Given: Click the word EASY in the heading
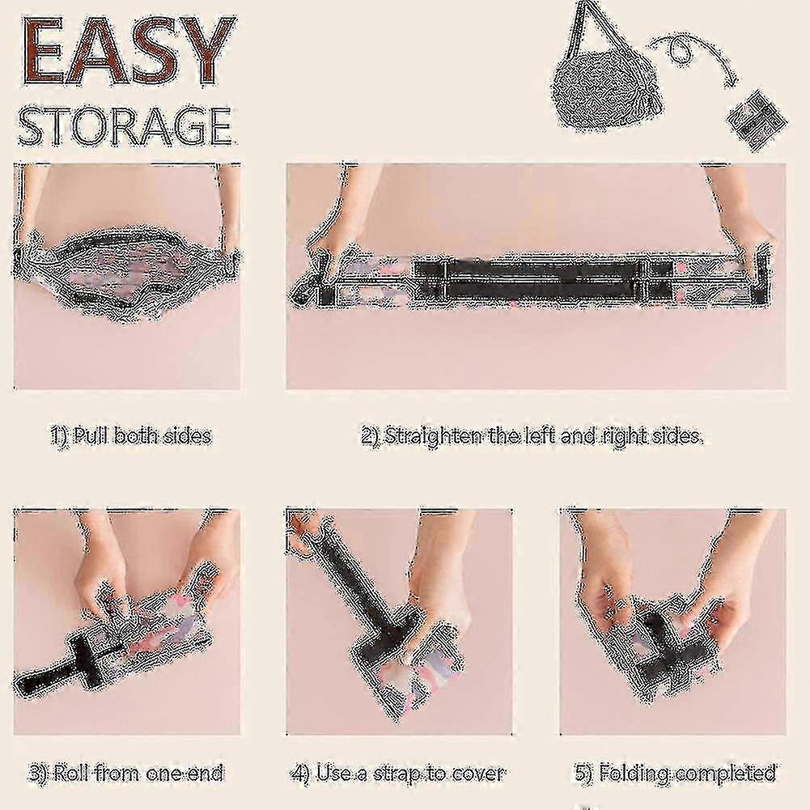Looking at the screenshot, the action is pos(128,51).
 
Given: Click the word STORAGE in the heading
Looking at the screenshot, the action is pos(125,125).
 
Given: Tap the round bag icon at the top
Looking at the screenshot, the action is pos(609,93).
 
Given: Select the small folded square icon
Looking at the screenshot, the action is pos(757,120).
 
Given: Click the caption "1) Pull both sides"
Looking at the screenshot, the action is pos(131,435).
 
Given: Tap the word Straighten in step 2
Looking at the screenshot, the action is pos(435,436).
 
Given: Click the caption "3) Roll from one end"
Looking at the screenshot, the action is pos(126,774).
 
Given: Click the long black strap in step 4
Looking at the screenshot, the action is pos(356,579).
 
